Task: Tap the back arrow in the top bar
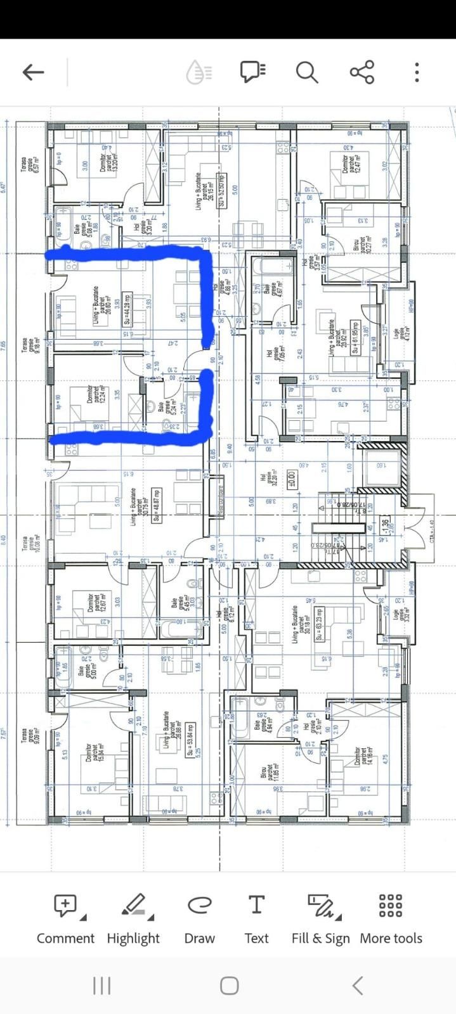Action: [x=33, y=72]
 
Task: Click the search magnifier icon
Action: [x=307, y=72]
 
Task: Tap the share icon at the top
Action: [x=362, y=72]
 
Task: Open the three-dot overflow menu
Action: [x=417, y=72]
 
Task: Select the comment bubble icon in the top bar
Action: [x=252, y=72]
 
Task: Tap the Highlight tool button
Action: [x=133, y=920]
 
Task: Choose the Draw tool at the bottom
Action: [x=199, y=920]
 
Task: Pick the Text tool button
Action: [x=256, y=920]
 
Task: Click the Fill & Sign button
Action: [x=320, y=920]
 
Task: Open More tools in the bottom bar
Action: [x=391, y=920]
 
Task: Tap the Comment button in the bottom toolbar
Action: [x=65, y=920]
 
